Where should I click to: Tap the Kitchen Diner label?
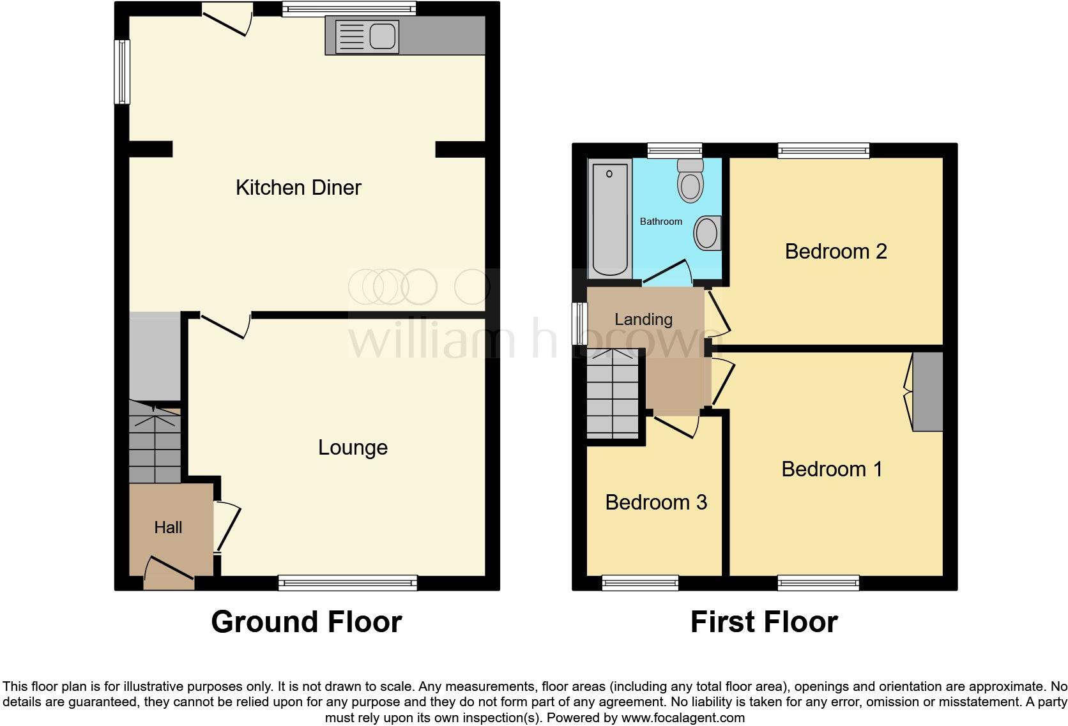point(298,188)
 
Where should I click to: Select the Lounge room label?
point(353,448)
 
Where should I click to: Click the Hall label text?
point(168,527)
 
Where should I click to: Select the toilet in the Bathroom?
point(690,180)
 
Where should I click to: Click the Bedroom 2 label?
point(835,252)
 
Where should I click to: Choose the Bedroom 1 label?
point(832,469)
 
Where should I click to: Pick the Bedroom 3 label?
point(656,503)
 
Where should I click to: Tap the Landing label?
point(643,319)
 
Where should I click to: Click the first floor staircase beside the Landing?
point(613,394)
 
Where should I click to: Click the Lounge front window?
point(347,582)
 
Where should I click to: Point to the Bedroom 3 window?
point(640,582)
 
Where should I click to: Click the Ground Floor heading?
point(307,622)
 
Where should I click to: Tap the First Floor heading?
point(764,622)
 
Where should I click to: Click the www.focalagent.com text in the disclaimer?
point(683,718)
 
